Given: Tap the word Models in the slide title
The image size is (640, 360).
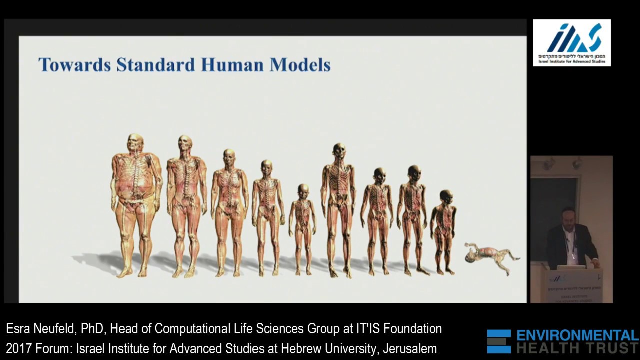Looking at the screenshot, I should [x=300, y=65].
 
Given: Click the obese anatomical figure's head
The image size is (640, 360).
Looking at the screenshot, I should [x=135, y=143].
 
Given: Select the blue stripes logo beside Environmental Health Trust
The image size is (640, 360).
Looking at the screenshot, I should [x=499, y=341].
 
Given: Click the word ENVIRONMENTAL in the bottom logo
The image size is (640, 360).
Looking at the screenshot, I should [x=577, y=335].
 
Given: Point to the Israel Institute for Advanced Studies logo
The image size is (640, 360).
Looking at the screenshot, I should [x=572, y=42].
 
